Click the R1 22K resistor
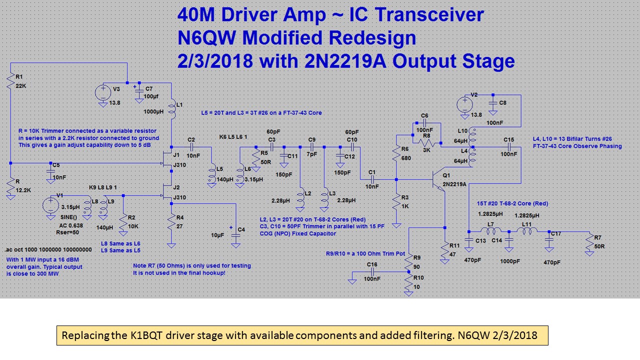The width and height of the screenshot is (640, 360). point(10,82)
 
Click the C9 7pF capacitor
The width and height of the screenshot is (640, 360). point(312,147)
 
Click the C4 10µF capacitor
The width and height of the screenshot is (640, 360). point(235,235)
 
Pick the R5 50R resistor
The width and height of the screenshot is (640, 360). point(257,156)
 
